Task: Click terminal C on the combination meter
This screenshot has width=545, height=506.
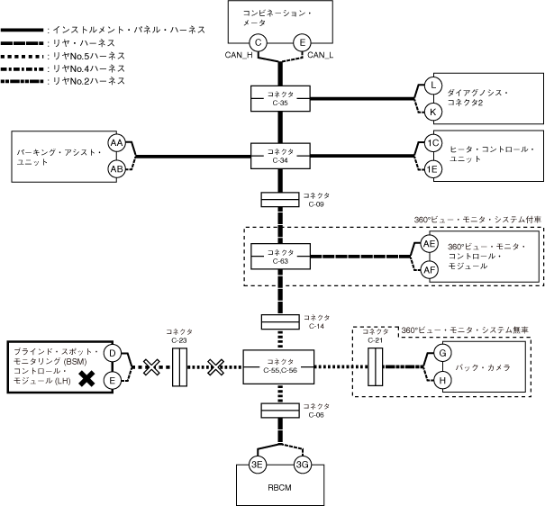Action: [x=258, y=41]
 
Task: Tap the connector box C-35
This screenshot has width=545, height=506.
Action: [x=279, y=98]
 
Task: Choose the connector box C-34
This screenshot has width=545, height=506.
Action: [x=279, y=155]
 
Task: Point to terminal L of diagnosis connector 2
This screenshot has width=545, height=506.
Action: [x=433, y=86]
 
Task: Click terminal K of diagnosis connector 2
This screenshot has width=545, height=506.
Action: [x=433, y=112]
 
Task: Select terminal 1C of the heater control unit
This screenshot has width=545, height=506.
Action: [x=433, y=143]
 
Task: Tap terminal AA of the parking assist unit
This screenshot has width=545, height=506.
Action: [x=116, y=143]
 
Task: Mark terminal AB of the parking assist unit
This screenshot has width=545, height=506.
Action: [x=116, y=168]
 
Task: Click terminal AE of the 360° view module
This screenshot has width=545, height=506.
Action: [x=430, y=244]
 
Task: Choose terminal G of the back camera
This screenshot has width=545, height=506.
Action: [x=441, y=353]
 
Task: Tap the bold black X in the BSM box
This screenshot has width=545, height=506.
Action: [x=86, y=379]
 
